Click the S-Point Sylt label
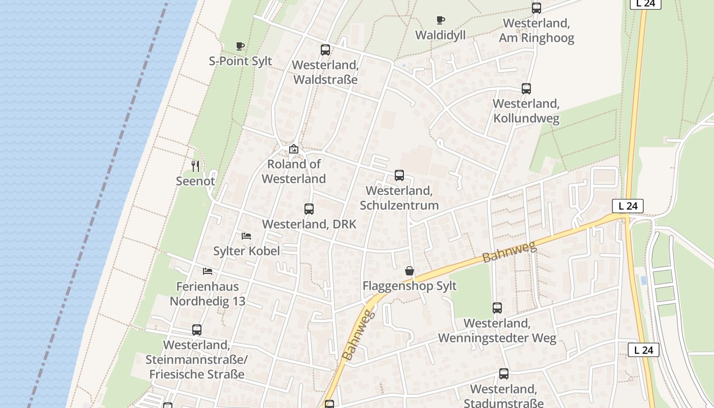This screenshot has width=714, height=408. point(241,61)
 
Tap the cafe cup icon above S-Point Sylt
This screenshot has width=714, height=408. point(240,46)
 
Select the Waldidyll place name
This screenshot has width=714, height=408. point(440,35)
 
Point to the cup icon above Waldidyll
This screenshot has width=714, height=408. point(441,20)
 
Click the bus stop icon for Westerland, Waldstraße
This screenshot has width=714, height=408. point(325,50)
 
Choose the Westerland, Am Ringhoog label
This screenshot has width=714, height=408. point(536,31)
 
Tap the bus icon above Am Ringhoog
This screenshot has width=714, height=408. point(537,8)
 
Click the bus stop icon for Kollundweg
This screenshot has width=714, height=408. point(526,89)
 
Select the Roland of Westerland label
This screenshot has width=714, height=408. point(294,171)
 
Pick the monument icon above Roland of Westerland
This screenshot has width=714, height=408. point(294,149)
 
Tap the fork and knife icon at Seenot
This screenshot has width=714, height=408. point(195,166)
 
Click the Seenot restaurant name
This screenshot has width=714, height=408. point(195,181)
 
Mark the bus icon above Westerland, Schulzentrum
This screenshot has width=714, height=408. point(399,175)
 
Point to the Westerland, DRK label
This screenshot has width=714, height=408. point(309,224)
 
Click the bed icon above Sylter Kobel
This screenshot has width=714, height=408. point(246,236)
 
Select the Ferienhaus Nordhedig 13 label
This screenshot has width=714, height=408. point(208,294)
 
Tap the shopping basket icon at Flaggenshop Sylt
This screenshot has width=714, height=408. point(410,271)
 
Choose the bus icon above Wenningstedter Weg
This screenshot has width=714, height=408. point(497,308)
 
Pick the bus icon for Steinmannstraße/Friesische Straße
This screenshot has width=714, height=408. point(197,330)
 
